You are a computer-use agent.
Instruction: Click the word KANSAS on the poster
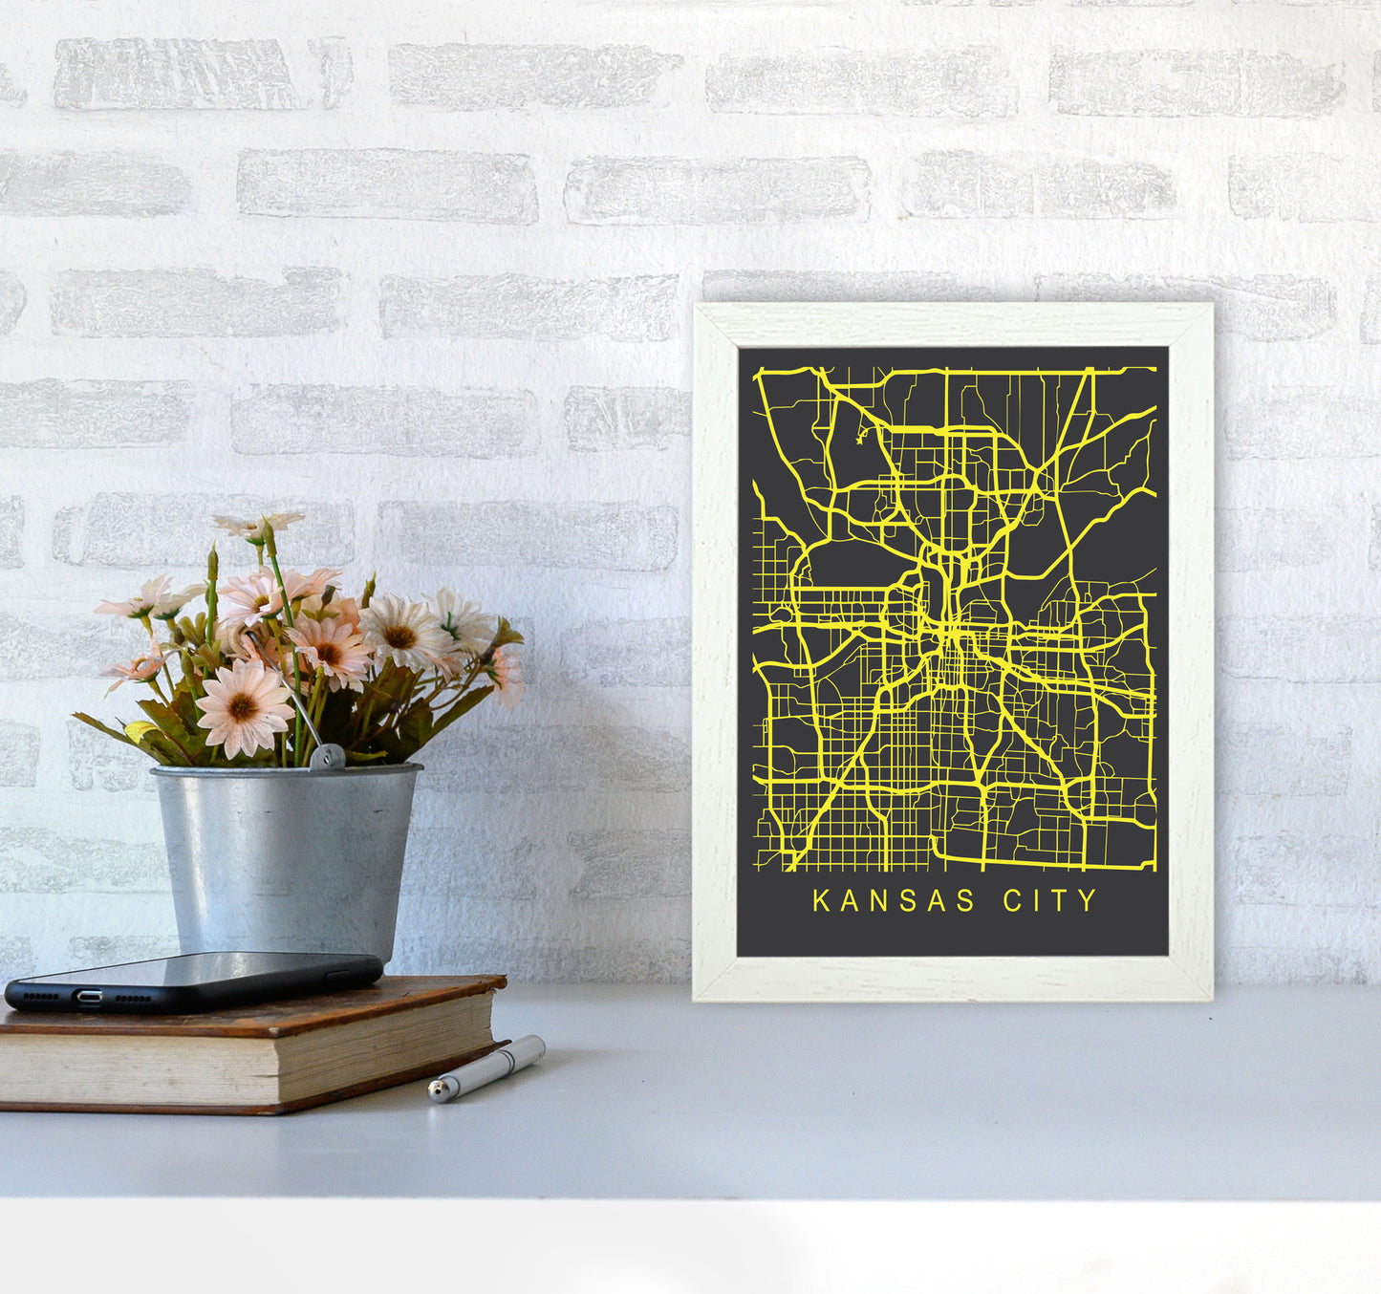(x=880, y=901)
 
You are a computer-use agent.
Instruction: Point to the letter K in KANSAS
(x=820, y=901)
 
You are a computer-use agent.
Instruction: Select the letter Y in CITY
(x=1089, y=901)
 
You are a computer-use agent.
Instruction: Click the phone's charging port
(x=89, y=997)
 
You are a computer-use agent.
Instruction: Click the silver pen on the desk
(x=487, y=1068)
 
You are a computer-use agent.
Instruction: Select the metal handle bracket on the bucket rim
(x=327, y=757)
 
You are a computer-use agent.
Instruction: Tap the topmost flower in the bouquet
(x=258, y=524)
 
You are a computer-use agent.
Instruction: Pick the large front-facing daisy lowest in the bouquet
(x=244, y=709)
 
